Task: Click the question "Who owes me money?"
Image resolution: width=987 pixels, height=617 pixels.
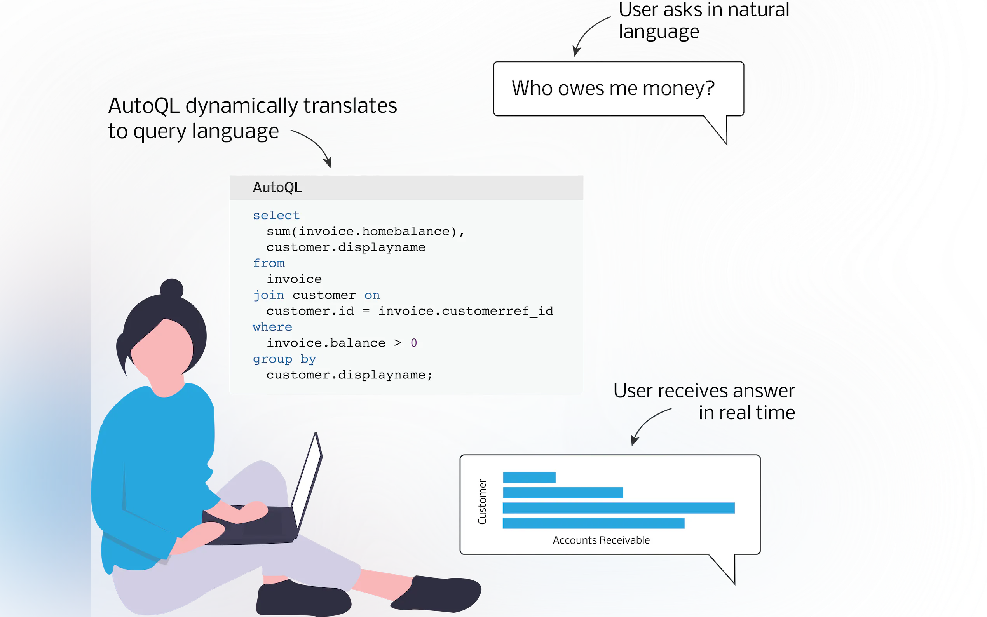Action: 613,89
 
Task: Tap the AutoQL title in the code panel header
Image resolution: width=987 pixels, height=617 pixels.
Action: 277,188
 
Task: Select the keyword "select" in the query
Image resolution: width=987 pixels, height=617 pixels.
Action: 276,215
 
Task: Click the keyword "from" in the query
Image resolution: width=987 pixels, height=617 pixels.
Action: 269,263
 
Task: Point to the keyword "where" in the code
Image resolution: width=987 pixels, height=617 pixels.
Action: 272,327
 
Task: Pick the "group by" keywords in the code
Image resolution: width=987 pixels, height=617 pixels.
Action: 284,359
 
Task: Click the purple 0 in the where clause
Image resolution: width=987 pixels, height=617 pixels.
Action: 414,343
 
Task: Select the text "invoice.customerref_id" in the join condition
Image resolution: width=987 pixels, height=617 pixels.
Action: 466,311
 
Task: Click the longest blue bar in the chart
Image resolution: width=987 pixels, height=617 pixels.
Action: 619,508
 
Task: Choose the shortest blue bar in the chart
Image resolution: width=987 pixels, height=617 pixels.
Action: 529,478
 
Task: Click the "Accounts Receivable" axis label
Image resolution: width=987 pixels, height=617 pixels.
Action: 601,540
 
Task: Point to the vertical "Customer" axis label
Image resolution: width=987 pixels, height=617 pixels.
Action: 482,502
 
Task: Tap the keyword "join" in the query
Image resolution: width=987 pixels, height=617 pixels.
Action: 269,295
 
